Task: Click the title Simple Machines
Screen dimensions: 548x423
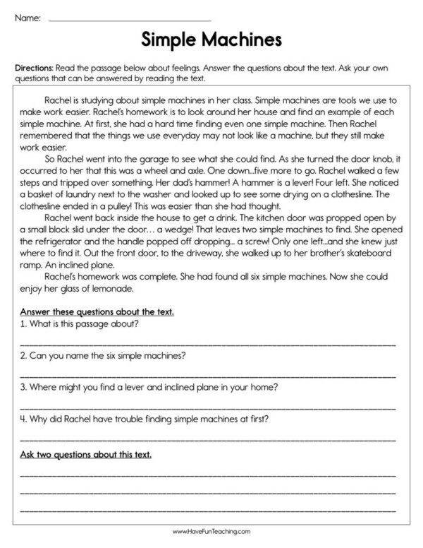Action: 211,37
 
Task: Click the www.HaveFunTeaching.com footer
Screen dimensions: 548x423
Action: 211,530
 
